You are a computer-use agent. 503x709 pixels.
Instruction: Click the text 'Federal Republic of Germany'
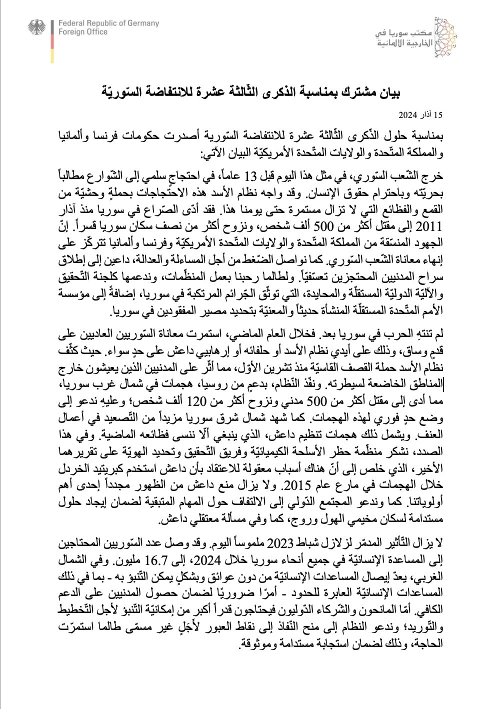click(x=108, y=23)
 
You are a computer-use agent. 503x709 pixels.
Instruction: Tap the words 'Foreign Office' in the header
click(x=83, y=32)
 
